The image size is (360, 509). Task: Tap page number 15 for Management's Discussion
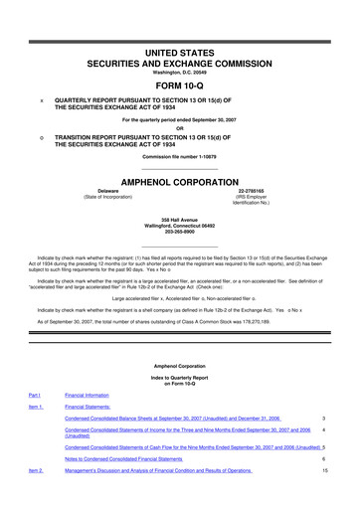click(324, 498)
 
